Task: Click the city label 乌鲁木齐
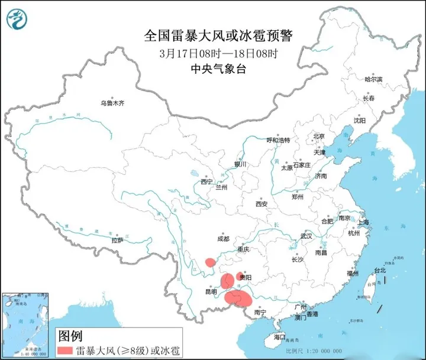tap(112, 103)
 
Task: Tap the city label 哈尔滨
tap(373, 79)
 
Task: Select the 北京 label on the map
tap(319, 136)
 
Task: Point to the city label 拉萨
tap(117, 240)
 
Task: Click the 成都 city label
tap(222, 239)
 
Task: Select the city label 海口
tap(279, 337)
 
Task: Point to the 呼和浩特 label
tap(278, 140)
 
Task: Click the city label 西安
tap(262, 204)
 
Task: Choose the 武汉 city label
tap(305, 235)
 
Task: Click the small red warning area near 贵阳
tap(239, 276)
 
